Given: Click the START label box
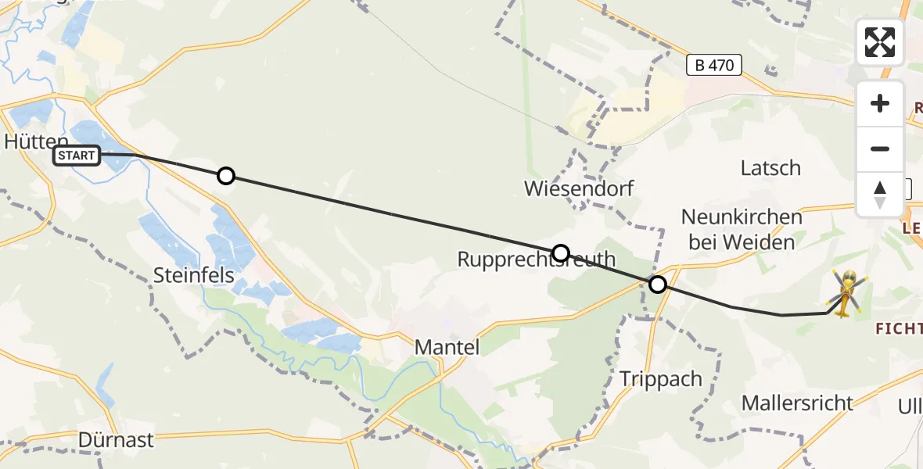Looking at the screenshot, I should click(x=77, y=156).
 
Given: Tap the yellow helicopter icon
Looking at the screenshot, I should click(x=846, y=293).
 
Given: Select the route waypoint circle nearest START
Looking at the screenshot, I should click(x=225, y=176).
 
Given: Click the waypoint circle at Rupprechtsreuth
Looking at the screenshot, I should click(x=561, y=252).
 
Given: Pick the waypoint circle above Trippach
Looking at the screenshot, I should click(x=658, y=285).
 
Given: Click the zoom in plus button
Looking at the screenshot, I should click(x=880, y=104).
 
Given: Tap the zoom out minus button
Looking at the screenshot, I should click(x=880, y=149).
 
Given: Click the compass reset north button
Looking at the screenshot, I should click(x=880, y=194).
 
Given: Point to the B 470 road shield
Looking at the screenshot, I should click(x=714, y=65).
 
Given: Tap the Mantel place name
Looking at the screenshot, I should click(x=447, y=346).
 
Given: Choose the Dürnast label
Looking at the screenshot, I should click(x=116, y=439).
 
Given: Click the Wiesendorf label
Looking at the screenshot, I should click(x=579, y=188).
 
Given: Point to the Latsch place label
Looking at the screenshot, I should click(x=770, y=167).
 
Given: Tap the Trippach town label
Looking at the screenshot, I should click(x=661, y=378).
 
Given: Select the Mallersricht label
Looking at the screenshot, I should click(x=797, y=403).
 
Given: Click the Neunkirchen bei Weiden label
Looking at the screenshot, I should click(x=742, y=229).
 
